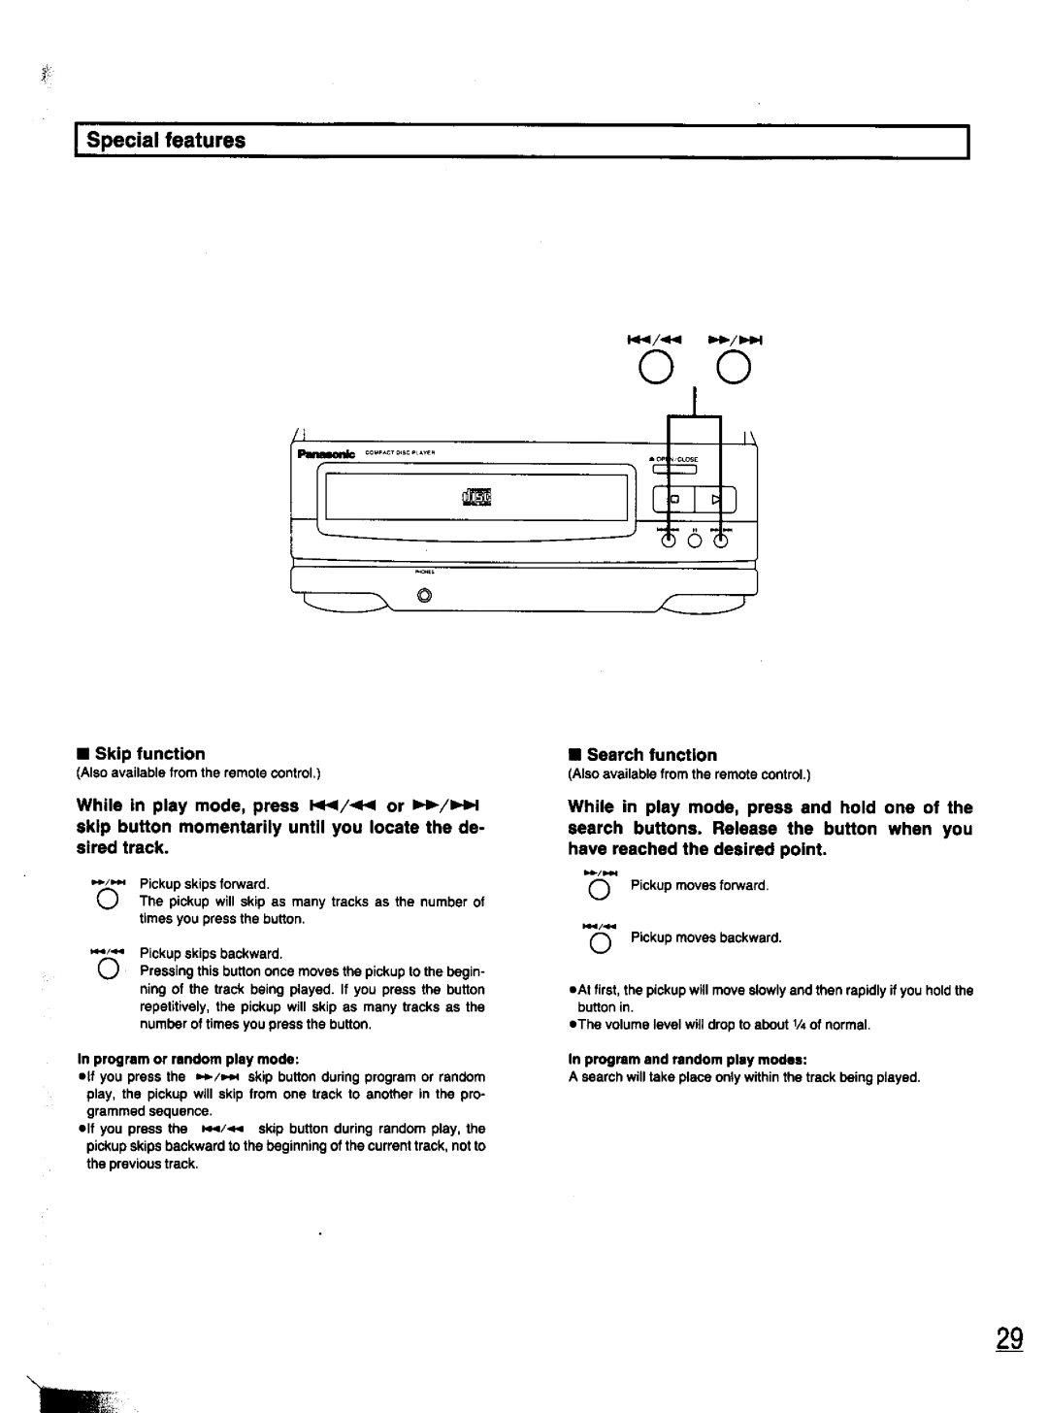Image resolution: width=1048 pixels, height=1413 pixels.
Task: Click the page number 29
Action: point(1008,1339)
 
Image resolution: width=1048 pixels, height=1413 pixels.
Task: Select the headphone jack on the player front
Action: point(422,597)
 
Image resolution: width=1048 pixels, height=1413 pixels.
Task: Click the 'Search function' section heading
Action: point(651,755)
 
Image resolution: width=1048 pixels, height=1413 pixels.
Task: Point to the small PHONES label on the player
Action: point(423,573)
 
